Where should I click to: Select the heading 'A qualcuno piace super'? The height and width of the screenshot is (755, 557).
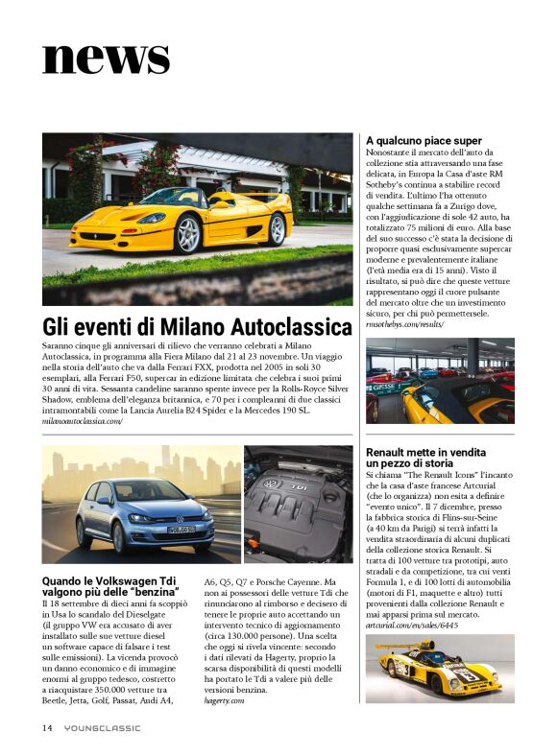pyautogui.click(x=424, y=141)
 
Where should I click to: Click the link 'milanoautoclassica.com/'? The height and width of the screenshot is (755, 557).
pyautogui.click(x=83, y=421)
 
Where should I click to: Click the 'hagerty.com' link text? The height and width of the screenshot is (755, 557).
pyautogui.click(x=225, y=701)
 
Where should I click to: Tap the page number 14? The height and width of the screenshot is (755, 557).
pyautogui.click(x=47, y=728)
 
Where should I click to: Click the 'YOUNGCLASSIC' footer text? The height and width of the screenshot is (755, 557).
pyautogui.click(x=103, y=728)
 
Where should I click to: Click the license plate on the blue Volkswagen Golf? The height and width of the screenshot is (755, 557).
pyautogui.click(x=181, y=529)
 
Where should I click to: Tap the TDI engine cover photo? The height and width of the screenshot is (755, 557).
pyautogui.click(x=298, y=504)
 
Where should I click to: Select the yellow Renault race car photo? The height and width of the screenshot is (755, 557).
pyautogui.click(x=440, y=669)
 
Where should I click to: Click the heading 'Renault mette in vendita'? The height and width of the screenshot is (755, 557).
pyautogui.click(x=425, y=452)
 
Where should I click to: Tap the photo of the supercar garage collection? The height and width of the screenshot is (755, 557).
pyautogui.click(x=440, y=381)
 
